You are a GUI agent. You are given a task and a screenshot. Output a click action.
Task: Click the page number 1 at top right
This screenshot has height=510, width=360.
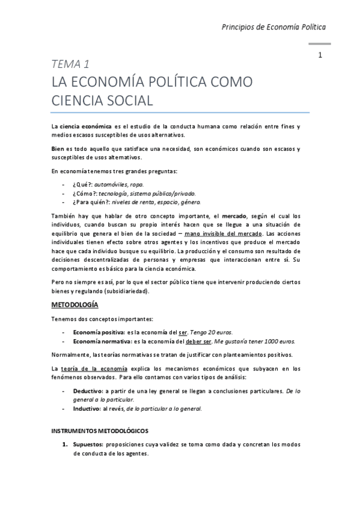(x=321, y=55)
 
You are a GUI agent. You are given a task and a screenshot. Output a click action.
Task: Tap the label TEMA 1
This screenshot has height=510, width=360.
(x=70, y=64)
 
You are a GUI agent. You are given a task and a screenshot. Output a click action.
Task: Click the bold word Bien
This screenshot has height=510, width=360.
(x=57, y=149)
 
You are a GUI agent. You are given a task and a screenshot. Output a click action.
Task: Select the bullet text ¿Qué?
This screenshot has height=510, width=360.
(x=82, y=184)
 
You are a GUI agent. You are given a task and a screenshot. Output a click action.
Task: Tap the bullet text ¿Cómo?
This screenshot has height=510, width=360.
(x=85, y=193)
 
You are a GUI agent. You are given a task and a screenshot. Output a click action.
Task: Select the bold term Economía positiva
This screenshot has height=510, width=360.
(x=99, y=332)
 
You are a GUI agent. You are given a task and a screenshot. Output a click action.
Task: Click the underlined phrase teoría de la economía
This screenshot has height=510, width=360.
(x=93, y=367)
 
